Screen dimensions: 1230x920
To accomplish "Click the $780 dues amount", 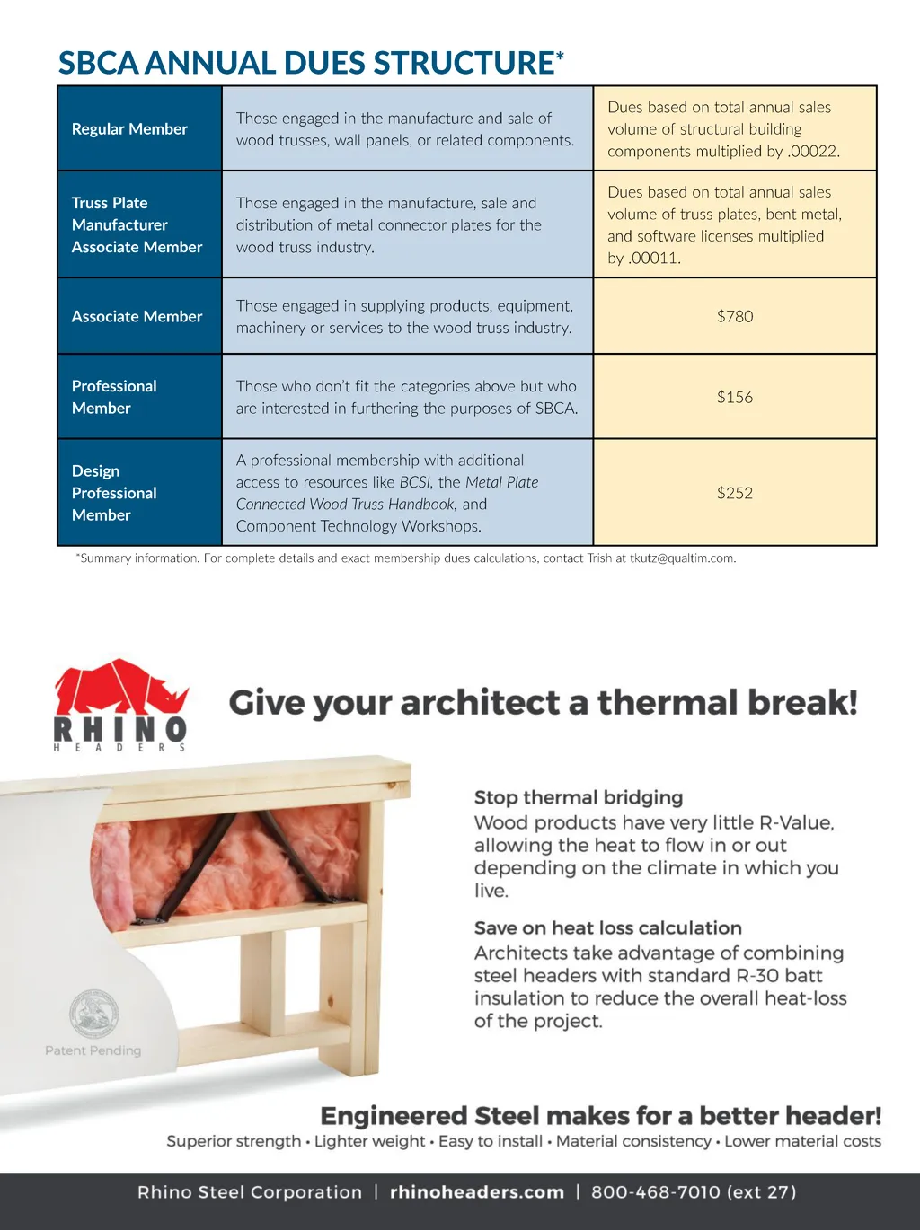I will pyautogui.click(x=735, y=316).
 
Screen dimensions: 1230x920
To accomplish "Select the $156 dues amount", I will pyautogui.click(x=735, y=397).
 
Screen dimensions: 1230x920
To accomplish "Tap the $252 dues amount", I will pyautogui.click(x=735, y=493).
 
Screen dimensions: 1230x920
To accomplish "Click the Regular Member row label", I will pyautogui.click(x=129, y=129).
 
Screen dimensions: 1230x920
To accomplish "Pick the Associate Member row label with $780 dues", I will pyautogui.click(x=137, y=317).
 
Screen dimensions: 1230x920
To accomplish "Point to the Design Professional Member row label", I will pyautogui.click(x=114, y=493).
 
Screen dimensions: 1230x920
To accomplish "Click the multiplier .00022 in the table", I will pyautogui.click(x=813, y=152).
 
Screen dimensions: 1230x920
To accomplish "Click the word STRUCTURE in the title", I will pyautogui.click(x=464, y=64).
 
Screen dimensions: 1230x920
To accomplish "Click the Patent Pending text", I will pyautogui.click(x=93, y=1050).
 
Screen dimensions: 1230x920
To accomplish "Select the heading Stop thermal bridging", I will pyautogui.click(x=579, y=797).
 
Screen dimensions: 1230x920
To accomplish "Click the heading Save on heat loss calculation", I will pyautogui.click(x=608, y=928).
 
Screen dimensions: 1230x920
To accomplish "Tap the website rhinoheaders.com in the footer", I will pyautogui.click(x=477, y=1192).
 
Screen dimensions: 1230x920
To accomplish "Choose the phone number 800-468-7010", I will pyautogui.click(x=655, y=1192).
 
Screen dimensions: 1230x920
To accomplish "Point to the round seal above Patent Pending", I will pyautogui.click(x=94, y=1013).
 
